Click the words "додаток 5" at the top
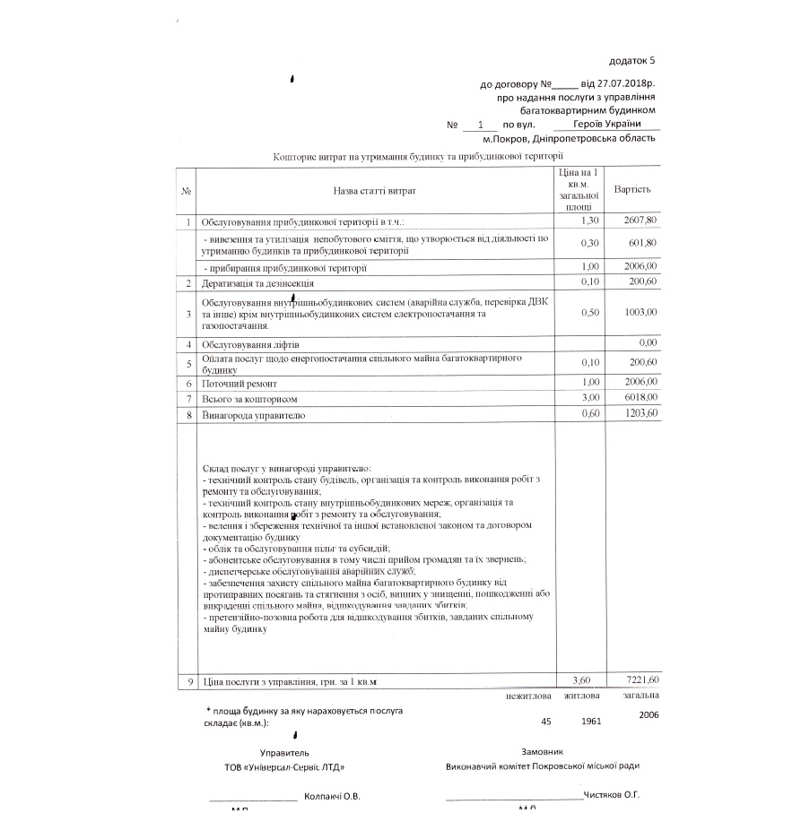(632, 61)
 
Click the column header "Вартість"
(632, 190)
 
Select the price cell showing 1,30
(589, 220)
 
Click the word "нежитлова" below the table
(527, 695)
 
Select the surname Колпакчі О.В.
(333, 796)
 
